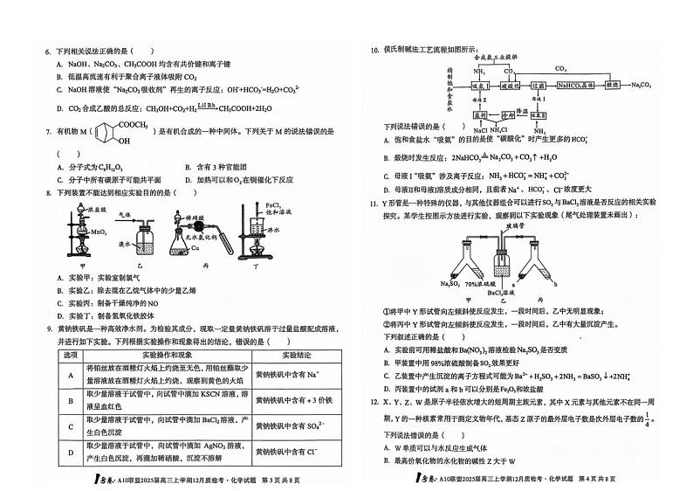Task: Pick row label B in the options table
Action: point(69,399)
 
